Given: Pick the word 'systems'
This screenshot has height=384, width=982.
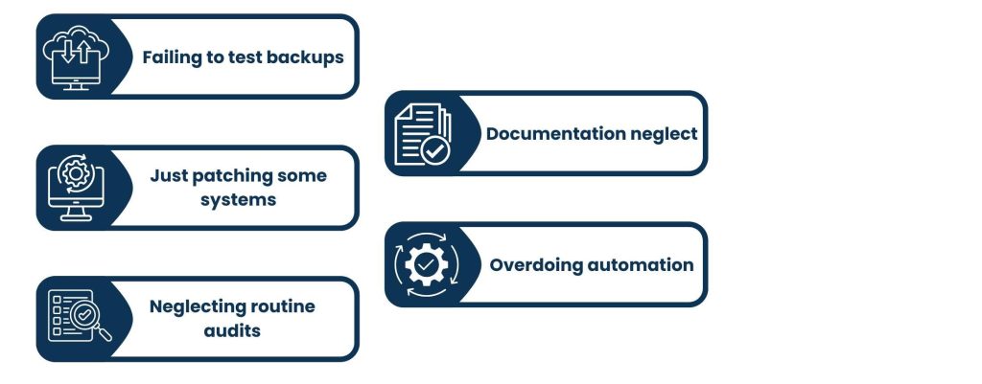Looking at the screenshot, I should (239, 200).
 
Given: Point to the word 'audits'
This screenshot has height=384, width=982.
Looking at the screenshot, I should (231, 330).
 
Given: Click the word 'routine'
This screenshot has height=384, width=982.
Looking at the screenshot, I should (284, 306).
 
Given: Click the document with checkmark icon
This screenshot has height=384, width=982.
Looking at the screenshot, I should (422, 134).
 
